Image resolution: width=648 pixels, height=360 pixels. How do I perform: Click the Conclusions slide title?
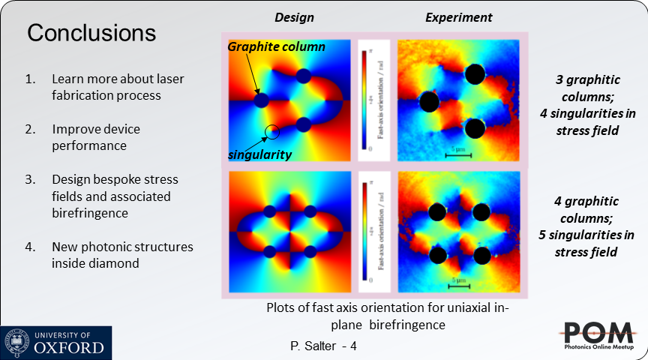91,34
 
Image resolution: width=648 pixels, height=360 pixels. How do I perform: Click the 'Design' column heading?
294,17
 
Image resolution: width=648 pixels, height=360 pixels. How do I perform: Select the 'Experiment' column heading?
459,17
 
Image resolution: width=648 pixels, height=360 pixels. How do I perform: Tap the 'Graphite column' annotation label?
277,46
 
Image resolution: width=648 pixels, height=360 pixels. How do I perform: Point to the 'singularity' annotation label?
259,154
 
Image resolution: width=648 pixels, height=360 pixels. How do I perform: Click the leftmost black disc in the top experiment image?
429,101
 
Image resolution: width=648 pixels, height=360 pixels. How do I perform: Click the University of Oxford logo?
56,343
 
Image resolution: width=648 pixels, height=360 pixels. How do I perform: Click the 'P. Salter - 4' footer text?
324,347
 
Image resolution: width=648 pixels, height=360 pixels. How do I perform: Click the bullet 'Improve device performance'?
96,137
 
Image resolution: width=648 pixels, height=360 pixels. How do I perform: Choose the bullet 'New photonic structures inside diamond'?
122,254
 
